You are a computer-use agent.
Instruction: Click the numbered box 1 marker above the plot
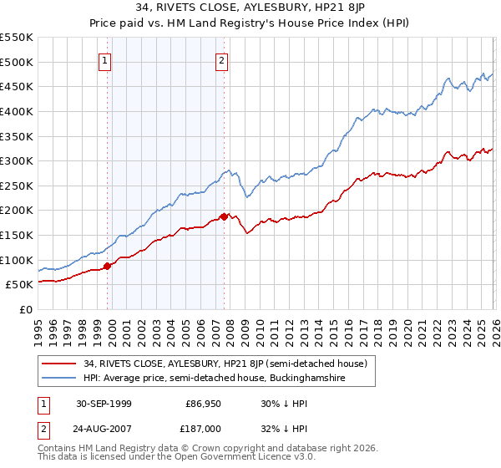pyautogui.click(x=106, y=59)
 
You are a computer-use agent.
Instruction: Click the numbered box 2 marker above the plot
pyautogui.click(x=223, y=59)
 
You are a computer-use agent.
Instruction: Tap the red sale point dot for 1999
pyautogui.click(x=107, y=266)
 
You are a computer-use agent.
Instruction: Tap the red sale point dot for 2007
pyautogui.click(x=224, y=216)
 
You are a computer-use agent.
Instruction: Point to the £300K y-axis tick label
pyautogui.click(x=16, y=160)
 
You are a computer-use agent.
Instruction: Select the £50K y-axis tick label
pyautogui.click(x=19, y=284)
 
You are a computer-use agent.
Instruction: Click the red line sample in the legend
pyautogui.click(x=59, y=363)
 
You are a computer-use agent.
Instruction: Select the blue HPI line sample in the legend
pyautogui.click(x=59, y=378)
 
